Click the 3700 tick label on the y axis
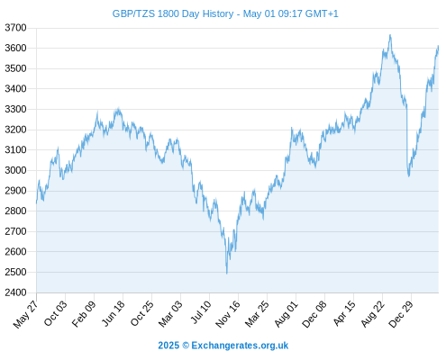15,28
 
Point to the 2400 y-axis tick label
15,292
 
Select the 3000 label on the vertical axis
15,170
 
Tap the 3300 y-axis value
15,109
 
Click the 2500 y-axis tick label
15,272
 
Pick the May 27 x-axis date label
26,314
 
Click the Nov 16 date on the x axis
228,314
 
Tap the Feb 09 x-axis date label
84,313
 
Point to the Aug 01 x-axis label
286,313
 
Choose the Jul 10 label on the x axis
201,312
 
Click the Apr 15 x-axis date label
344,313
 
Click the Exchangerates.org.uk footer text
240,346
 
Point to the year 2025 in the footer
168,346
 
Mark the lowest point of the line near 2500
227,274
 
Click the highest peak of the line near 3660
390,35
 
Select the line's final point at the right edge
438,47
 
